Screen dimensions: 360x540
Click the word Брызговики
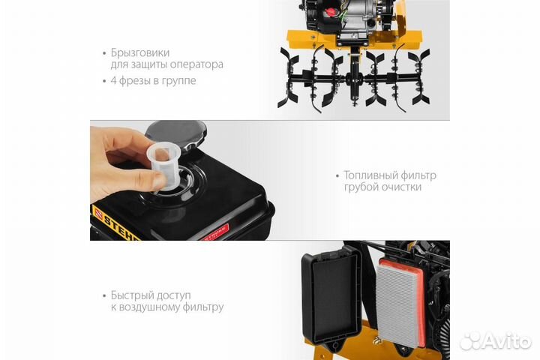point(139,52)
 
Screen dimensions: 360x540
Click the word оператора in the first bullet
point(198,65)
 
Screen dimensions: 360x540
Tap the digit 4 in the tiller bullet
point(113,80)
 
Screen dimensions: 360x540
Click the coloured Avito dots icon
point(471,340)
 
